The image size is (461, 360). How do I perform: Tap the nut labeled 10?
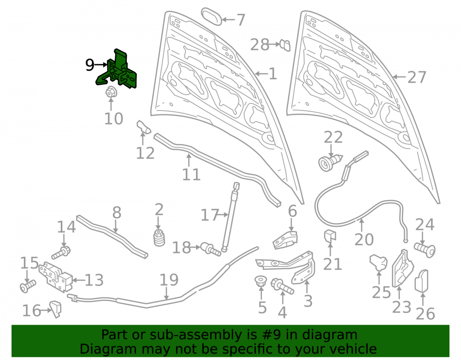coord(111,92)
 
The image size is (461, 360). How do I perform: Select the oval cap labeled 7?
coord(212,17)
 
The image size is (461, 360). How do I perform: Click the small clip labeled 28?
coord(285,46)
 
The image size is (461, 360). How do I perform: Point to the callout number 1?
coord(273,73)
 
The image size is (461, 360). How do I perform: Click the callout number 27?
coord(417,77)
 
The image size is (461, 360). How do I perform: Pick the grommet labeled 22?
coord(330,162)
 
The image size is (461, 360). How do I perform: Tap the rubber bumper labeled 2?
coord(159,238)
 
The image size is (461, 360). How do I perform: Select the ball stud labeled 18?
coord(211,249)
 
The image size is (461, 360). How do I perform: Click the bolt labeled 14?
coord(61,253)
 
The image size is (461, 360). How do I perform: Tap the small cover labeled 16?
coord(56,309)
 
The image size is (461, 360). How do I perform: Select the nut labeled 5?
coord(260,281)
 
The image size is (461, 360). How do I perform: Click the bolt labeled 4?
coord(282,286)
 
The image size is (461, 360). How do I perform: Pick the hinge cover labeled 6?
coord(285,240)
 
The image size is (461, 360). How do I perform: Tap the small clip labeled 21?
coord(330,236)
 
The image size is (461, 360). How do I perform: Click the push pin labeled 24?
coord(425,249)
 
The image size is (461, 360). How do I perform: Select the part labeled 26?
coord(421,281)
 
